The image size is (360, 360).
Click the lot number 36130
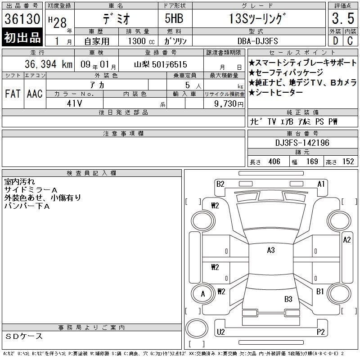22,19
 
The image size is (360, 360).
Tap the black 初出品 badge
22,37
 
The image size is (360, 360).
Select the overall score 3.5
343,18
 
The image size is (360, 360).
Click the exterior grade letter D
335,40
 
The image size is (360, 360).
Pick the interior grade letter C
350,40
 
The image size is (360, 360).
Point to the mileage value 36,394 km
49,64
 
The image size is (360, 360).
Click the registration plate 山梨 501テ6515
161,64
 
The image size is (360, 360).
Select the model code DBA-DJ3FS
257,41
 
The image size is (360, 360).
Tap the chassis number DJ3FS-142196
302,143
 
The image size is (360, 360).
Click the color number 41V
74,103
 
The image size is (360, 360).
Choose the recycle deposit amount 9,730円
229,104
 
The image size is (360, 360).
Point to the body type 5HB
174,18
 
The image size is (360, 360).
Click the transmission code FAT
13,94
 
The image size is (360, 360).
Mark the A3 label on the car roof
271,250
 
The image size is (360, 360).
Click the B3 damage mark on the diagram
288,299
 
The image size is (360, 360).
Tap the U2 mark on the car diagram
221,332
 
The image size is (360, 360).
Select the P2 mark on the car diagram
320,332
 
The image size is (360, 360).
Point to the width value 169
312,162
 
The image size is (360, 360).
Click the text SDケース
24,336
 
